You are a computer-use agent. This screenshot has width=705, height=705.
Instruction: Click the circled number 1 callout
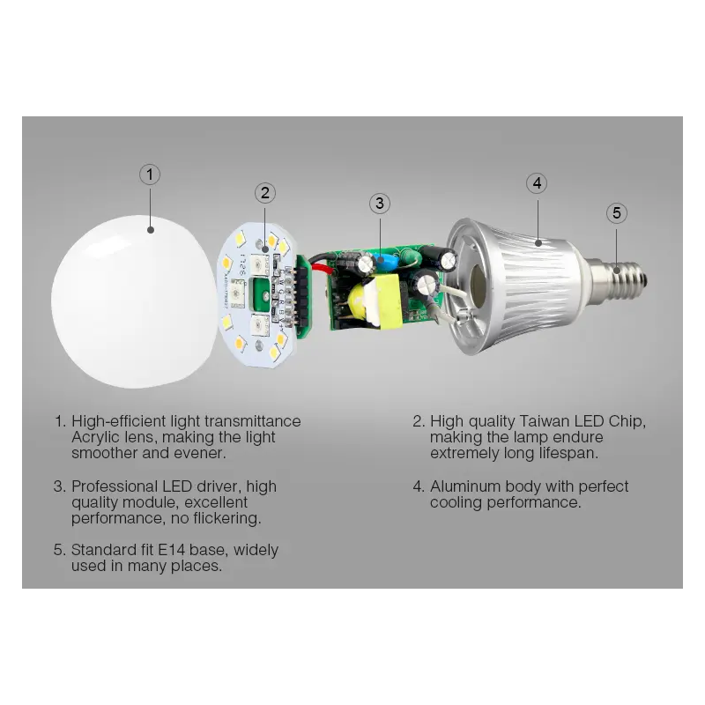150,174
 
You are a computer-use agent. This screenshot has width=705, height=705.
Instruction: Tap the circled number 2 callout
265,193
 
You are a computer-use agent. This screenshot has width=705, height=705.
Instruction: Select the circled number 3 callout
380,204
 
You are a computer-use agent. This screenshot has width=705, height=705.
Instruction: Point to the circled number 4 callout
537,183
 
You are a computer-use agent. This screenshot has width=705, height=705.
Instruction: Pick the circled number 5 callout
616,212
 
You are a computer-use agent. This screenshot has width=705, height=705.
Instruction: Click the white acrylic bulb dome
134,301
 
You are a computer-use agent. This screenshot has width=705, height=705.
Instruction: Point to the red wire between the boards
322,269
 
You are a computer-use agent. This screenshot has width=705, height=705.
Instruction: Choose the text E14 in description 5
171,550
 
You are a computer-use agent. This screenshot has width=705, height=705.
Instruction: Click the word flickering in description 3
226,518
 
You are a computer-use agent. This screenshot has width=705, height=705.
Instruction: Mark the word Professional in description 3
115,486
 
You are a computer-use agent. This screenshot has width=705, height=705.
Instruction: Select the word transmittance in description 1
252,421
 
